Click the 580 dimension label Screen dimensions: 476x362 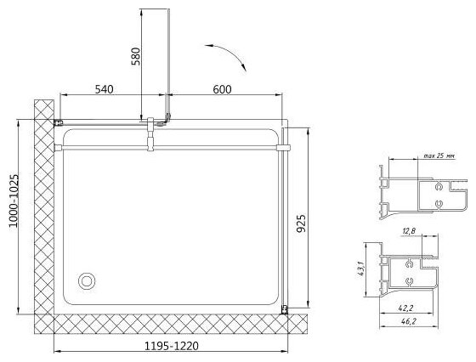[x=135, y=56]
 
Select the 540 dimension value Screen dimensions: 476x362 [x=104, y=89]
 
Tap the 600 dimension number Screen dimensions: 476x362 [x=222, y=89]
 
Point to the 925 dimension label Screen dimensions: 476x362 [x=301, y=223]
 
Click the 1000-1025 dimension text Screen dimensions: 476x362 [x=14, y=201]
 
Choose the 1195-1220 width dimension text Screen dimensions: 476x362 [x=171, y=346]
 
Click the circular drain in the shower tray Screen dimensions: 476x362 [x=87, y=281]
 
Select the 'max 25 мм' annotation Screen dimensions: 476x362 [x=439, y=156]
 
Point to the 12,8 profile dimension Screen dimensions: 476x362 [x=409, y=231]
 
